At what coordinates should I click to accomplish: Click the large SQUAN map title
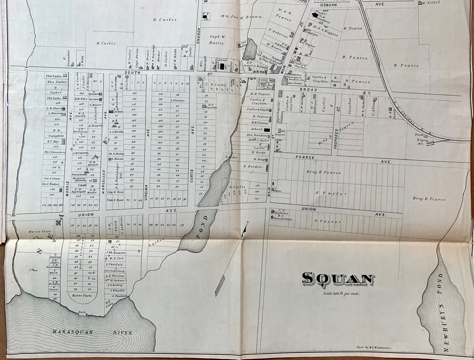[338, 279]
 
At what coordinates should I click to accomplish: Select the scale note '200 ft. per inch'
[341, 293]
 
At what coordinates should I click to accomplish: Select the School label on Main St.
[257, 129]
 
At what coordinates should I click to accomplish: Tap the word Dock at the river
[82, 312]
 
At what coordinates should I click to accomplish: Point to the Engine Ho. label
[423, 142]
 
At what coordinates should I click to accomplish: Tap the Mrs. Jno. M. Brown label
[242, 17]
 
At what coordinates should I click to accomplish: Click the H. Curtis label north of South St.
[106, 43]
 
